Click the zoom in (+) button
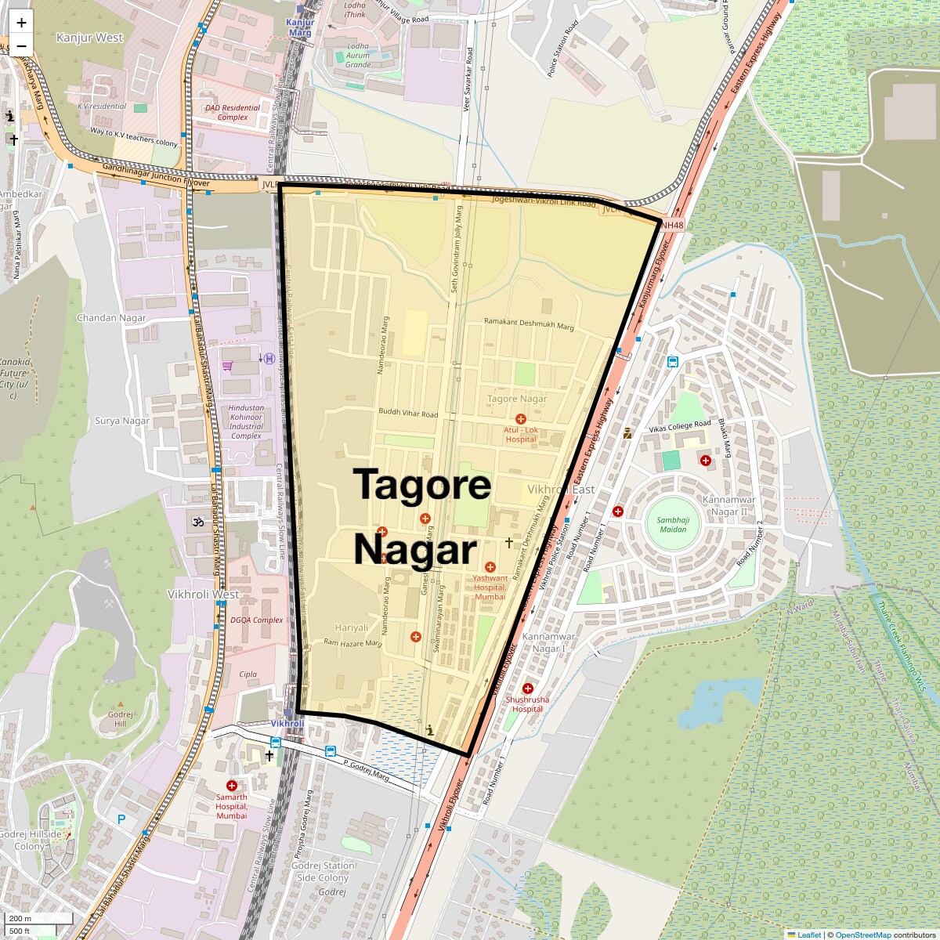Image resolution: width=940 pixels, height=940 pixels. (21, 23)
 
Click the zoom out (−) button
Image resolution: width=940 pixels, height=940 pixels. (21, 45)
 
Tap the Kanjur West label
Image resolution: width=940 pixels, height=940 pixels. (90, 38)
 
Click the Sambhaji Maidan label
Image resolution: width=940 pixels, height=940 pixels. (671, 525)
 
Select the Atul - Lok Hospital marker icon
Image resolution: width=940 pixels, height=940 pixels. (521, 420)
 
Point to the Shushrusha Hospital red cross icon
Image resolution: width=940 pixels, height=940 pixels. (528, 689)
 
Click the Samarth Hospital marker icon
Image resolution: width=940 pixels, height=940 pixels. (232, 786)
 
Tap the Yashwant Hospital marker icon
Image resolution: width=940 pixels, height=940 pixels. (490, 567)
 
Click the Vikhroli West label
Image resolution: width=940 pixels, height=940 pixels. (204, 595)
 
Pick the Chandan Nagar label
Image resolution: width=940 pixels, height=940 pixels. (111, 318)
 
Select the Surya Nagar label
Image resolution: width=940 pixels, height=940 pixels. (122, 421)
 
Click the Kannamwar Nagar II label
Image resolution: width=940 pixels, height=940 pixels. (728, 506)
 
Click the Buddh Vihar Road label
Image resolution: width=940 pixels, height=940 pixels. (408, 413)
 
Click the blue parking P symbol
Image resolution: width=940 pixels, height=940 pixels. (121, 819)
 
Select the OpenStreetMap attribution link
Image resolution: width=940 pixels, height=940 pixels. (862, 935)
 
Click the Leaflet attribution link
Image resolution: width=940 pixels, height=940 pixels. (809, 935)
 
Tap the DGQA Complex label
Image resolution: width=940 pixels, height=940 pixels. (256, 620)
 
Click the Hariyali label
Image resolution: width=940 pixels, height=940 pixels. (351, 628)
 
